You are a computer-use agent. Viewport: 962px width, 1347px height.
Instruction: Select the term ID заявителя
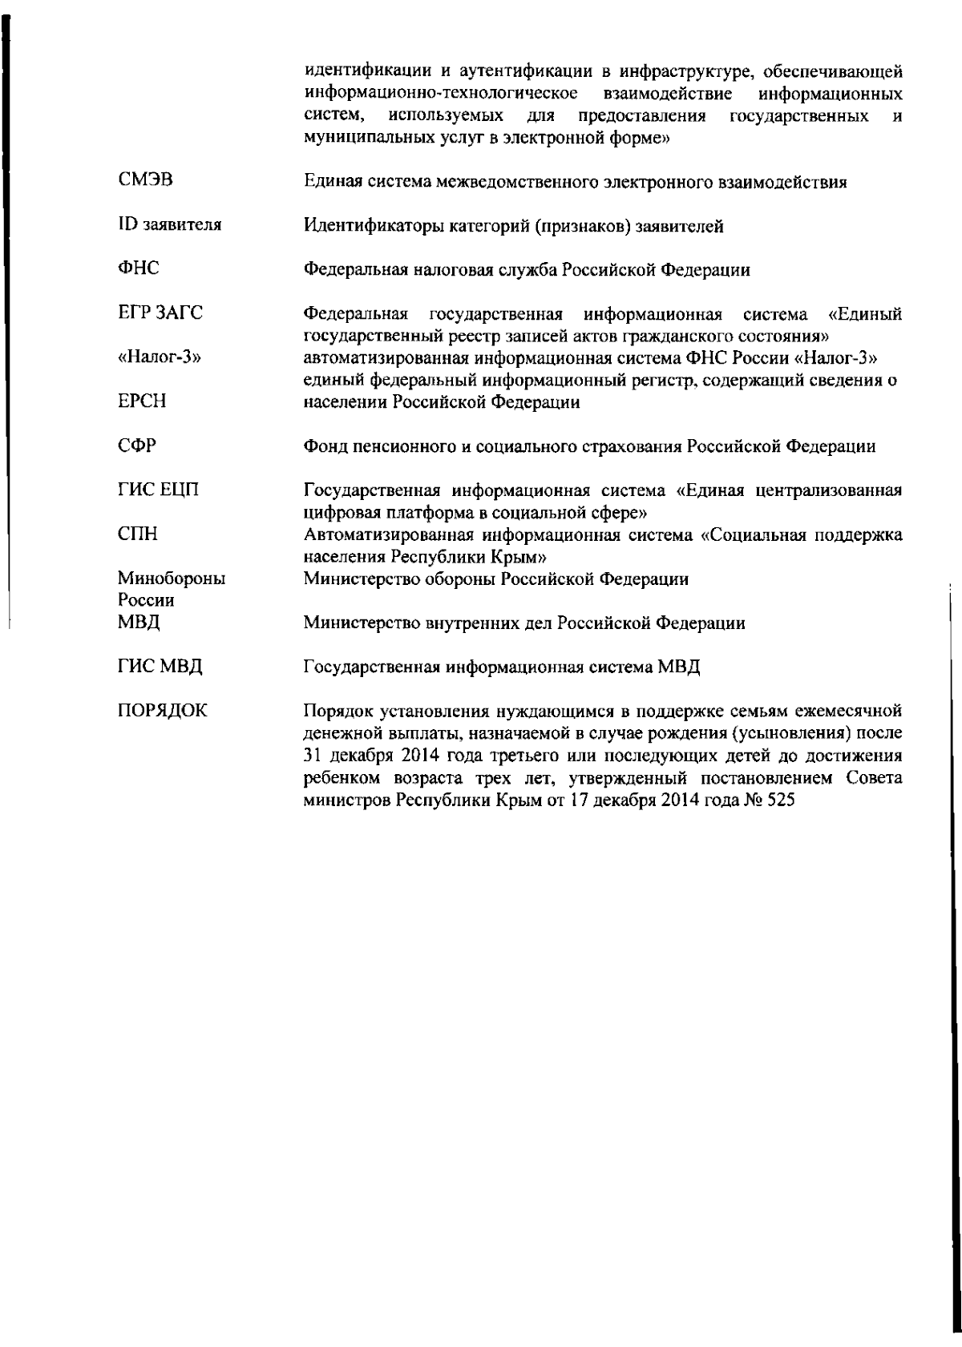pyautogui.click(x=169, y=225)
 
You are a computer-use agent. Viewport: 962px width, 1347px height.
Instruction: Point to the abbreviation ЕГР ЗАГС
pyautogui.click(x=160, y=313)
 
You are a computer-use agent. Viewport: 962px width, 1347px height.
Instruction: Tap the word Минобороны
pyautogui.click(x=171, y=578)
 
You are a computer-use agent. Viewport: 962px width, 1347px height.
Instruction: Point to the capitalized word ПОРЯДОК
pyautogui.click(x=162, y=710)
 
